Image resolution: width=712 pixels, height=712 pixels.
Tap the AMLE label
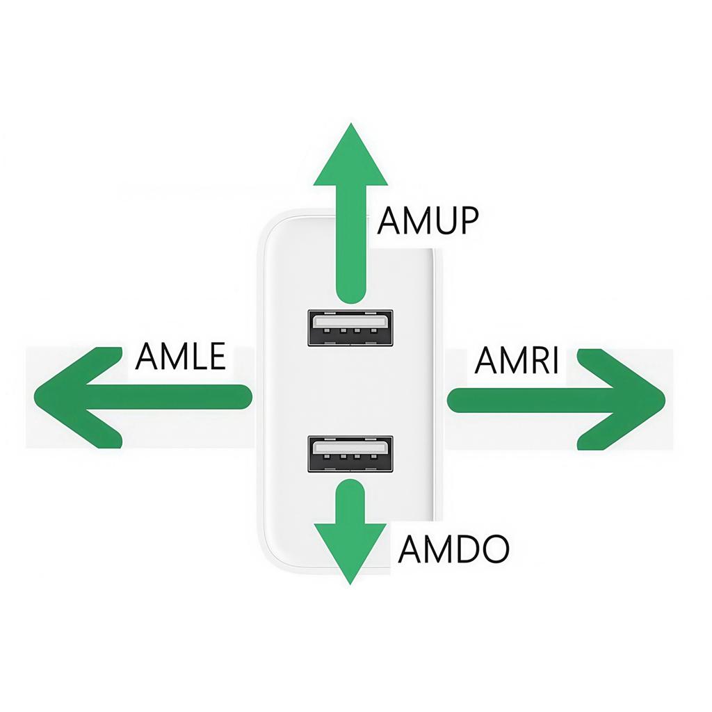click(x=181, y=355)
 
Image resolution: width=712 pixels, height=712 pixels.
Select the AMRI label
click(x=517, y=360)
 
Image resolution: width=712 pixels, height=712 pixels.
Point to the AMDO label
click(x=453, y=549)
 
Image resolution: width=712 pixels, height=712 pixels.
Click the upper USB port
click(x=350, y=328)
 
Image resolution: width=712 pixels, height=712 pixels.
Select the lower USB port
click(x=350, y=453)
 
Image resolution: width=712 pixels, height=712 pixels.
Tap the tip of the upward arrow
click(x=350, y=124)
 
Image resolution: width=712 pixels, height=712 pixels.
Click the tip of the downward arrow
click(x=350, y=584)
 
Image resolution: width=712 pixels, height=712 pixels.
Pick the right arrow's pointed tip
click(x=664, y=400)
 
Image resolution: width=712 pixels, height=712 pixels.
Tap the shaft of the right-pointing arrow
click(x=531, y=400)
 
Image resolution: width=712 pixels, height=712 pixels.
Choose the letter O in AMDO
click(x=495, y=549)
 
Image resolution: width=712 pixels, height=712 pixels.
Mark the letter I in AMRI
click(x=556, y=360)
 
